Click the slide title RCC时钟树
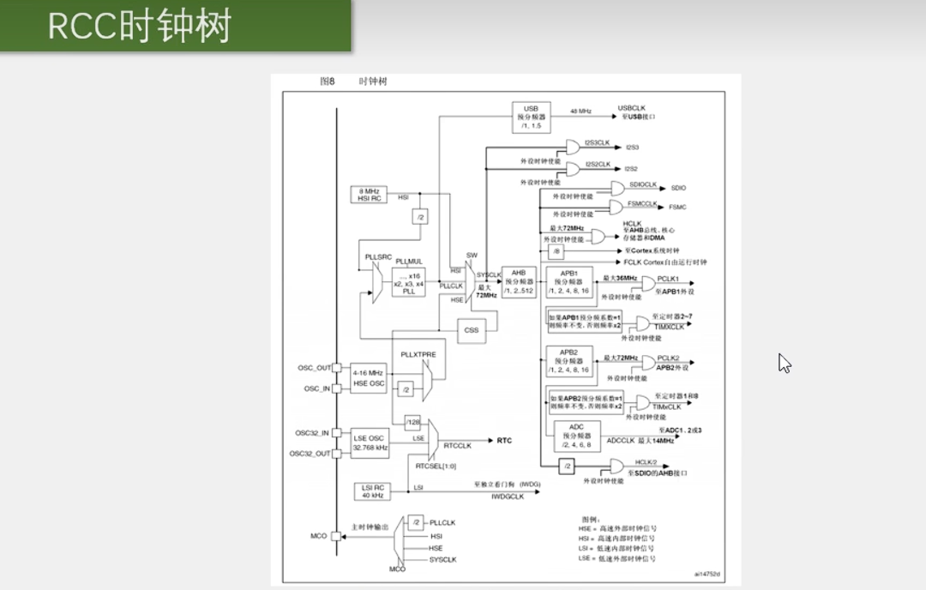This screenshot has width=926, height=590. [x=139, y=27]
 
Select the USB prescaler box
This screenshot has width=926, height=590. [x=531, y=117]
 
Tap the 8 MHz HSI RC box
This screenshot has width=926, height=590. [x=369, y=195]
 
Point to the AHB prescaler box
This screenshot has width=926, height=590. [x=519, y=281]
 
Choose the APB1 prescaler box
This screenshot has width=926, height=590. [x=568, y=281]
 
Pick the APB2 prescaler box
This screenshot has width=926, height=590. [x=568, y=361]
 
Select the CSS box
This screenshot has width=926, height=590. [x=472, y=330]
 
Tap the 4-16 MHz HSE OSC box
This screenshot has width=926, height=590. [x=369, y=378]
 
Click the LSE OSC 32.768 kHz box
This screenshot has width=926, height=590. [x=370, y=443]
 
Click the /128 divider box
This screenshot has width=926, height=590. [x=413, y=422]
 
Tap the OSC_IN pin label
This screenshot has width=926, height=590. [x=316, y=388]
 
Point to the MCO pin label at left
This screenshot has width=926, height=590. [x=318, y=536]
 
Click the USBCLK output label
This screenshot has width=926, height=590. [x=632, y=108]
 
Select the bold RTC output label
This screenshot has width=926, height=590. [x=504, y=441]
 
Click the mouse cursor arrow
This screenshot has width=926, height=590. [x=784, y=363]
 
